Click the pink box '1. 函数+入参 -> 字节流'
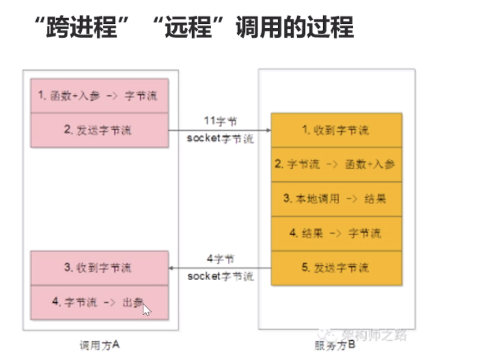coord(99,96)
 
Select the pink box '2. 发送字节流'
coord(99,129)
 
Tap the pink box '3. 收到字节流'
coord(99,268)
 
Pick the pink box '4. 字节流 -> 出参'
coord(99,303)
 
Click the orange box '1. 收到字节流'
coord(336,130)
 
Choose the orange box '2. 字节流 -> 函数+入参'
coord(336,164)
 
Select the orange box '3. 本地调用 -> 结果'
coord(336,199)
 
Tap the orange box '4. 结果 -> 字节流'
coord(336,233)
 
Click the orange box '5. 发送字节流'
coord(336,267)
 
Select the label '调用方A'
coord(100,345)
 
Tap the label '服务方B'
coord(335,345)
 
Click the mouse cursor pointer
coord(146,309)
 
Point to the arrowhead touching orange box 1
coord(267,130)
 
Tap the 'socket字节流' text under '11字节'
coord(220,138)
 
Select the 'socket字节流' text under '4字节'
coord(220,276)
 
